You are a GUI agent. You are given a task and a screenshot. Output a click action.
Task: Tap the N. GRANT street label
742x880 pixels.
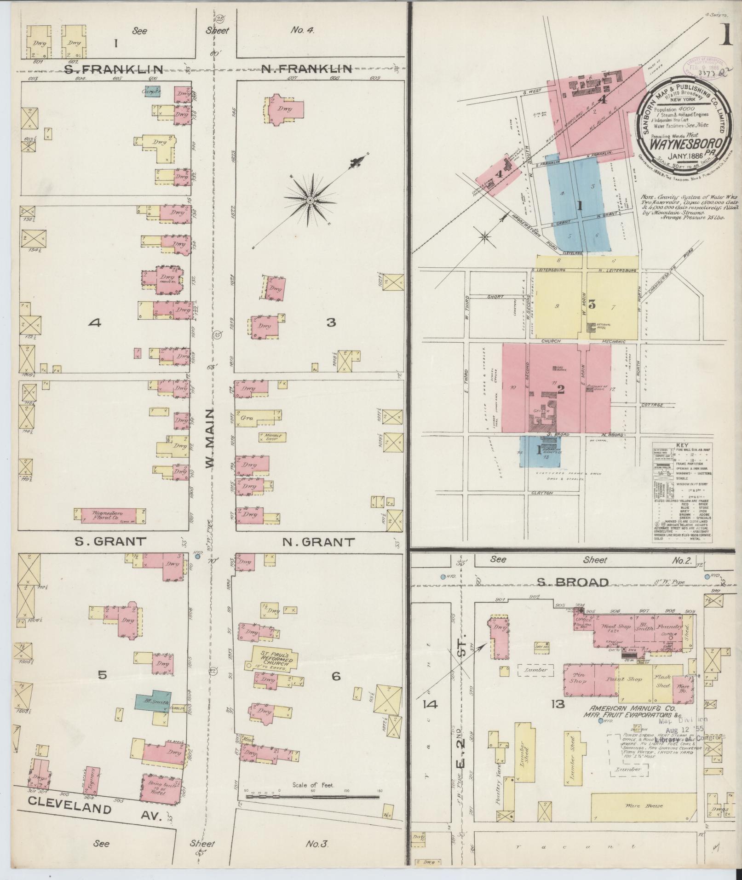pyautogui.click(x=318, y=542)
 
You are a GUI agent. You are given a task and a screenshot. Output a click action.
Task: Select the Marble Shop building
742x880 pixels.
pyautogui.click(x=272, y=436)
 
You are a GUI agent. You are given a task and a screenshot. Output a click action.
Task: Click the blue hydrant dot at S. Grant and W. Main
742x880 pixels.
pyautogui.click(x=197, y=556)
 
